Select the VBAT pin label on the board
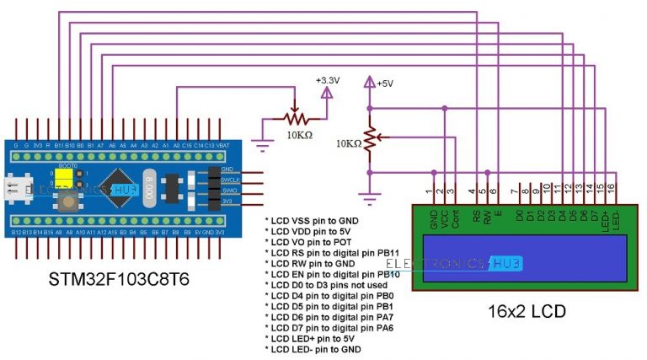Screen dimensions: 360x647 coord(223,145)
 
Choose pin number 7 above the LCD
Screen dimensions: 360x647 coord(514,187)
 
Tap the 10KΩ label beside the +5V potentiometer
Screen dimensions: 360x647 coord(346,144)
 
